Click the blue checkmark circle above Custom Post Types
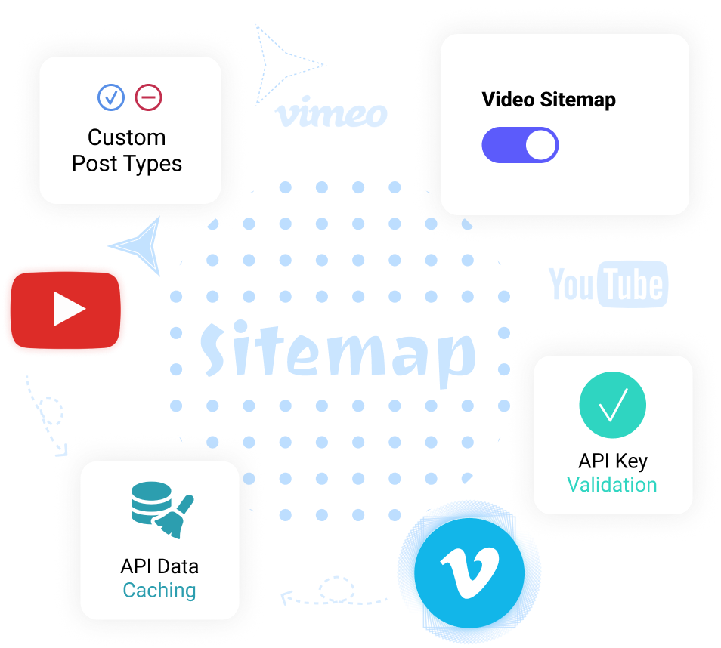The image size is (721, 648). [x=111, y=97]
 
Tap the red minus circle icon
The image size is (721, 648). [x=148, y=97]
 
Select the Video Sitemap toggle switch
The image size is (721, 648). [x=520, y=145]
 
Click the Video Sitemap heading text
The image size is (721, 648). [x=549, y=100]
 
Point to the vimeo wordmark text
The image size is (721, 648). [x=332, y=114]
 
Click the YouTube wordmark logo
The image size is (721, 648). [x=608, y=285]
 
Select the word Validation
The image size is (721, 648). [x=612, y=485]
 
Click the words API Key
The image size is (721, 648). [x=613, y=461]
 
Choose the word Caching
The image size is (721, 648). [x=159, y=591]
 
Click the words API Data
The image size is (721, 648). [x=159, y=566]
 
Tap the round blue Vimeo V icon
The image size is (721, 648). [x=470, y=568]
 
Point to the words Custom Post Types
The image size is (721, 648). [x=127, y=150]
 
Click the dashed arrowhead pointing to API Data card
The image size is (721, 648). [x=287, y=598]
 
